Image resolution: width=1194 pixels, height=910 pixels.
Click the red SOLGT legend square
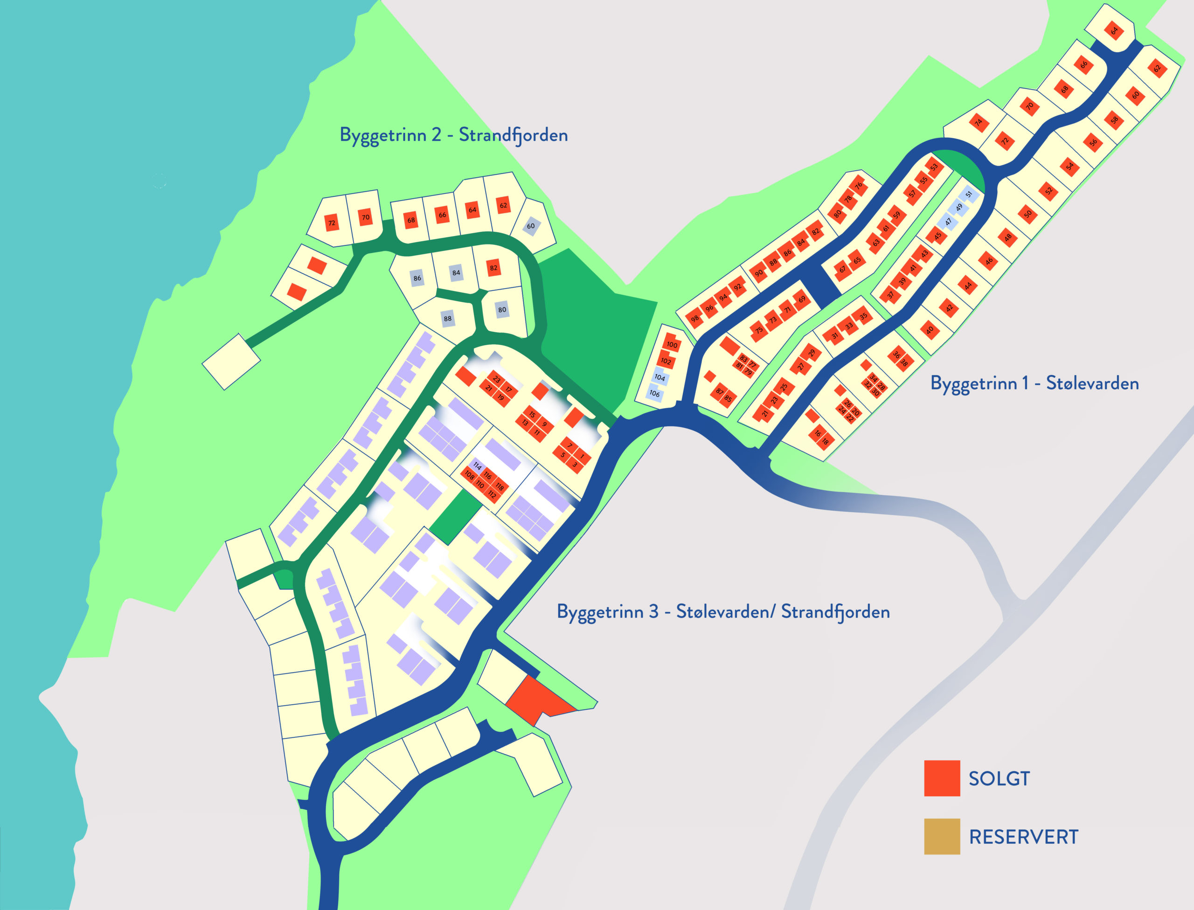[942, 778]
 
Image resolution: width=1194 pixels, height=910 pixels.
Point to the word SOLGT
[999, 778]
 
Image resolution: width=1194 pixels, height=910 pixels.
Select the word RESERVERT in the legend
[1023, 836]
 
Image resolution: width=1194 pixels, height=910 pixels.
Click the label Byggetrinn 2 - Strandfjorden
[453, 135]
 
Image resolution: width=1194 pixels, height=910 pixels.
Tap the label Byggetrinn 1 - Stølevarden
[1034, 383]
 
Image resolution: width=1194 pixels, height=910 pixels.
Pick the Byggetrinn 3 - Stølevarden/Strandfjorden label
[723, 611]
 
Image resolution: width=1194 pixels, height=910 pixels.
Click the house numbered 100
[672, 344]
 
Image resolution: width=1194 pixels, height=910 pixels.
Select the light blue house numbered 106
[655, 393]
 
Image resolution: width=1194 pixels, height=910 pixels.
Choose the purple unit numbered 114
[477, 466]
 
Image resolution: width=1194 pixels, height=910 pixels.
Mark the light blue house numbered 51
[968, 194]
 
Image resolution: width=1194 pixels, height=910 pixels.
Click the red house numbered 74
[978, 122]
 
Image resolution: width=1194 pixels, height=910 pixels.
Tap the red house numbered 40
[930, 329]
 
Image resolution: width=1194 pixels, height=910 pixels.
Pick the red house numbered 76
[858, 186]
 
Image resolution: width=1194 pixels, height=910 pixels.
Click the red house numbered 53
[934, 167]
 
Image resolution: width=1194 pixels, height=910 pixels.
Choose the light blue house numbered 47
[948, 222]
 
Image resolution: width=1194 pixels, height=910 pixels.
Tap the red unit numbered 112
[492, 494]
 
